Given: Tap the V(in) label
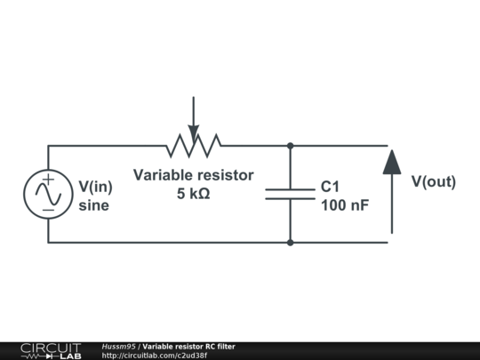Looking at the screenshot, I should pyautogui.click(x=95, y=187).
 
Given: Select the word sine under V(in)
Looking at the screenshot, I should pyautogui.click(x=93, y=205).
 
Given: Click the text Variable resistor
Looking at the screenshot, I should pyautogui.click(x=193, y=175).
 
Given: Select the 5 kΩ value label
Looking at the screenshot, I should pyautogui.click(x=193, y=194).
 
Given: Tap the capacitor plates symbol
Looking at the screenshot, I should pyautogui.click(x=290, y=194).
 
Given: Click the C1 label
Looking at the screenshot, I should pyautogui.click(x=330, y=188).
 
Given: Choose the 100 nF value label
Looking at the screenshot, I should pyautogui.click(x=345, y=206).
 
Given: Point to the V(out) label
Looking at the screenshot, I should pyautogui.click(x=433, y=182).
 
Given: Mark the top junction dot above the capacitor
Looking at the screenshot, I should pyautogui.click(x=290, y=145).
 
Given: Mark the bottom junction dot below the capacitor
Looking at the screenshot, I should pyautogui.click(x=290, y=242).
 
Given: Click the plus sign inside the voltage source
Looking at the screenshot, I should pyautogui.click(x=48, y=180).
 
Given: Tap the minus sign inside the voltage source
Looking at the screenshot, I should pyautogui.click(x=48, y=209).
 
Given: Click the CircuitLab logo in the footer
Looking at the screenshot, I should pyautogui.click(x=51, y=350).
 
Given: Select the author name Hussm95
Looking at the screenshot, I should pyautogui.click(x=118, y=346).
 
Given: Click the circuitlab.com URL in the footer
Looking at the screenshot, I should pyautogui.click(x=154, y=356).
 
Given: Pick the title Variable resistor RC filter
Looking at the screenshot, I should pyautogui.click(x=188, y=346).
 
